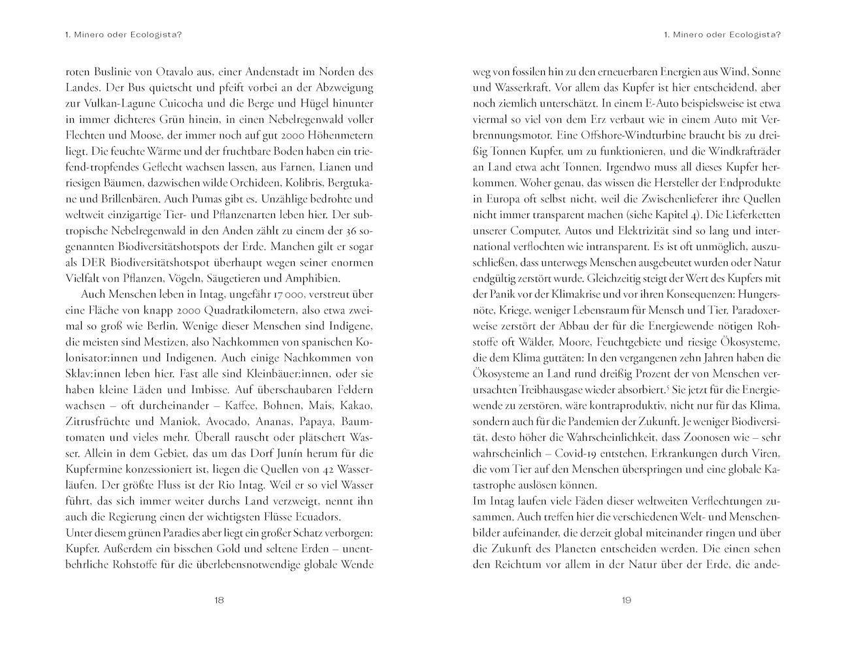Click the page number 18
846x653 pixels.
point(220,601)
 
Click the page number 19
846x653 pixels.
point(626,601)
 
